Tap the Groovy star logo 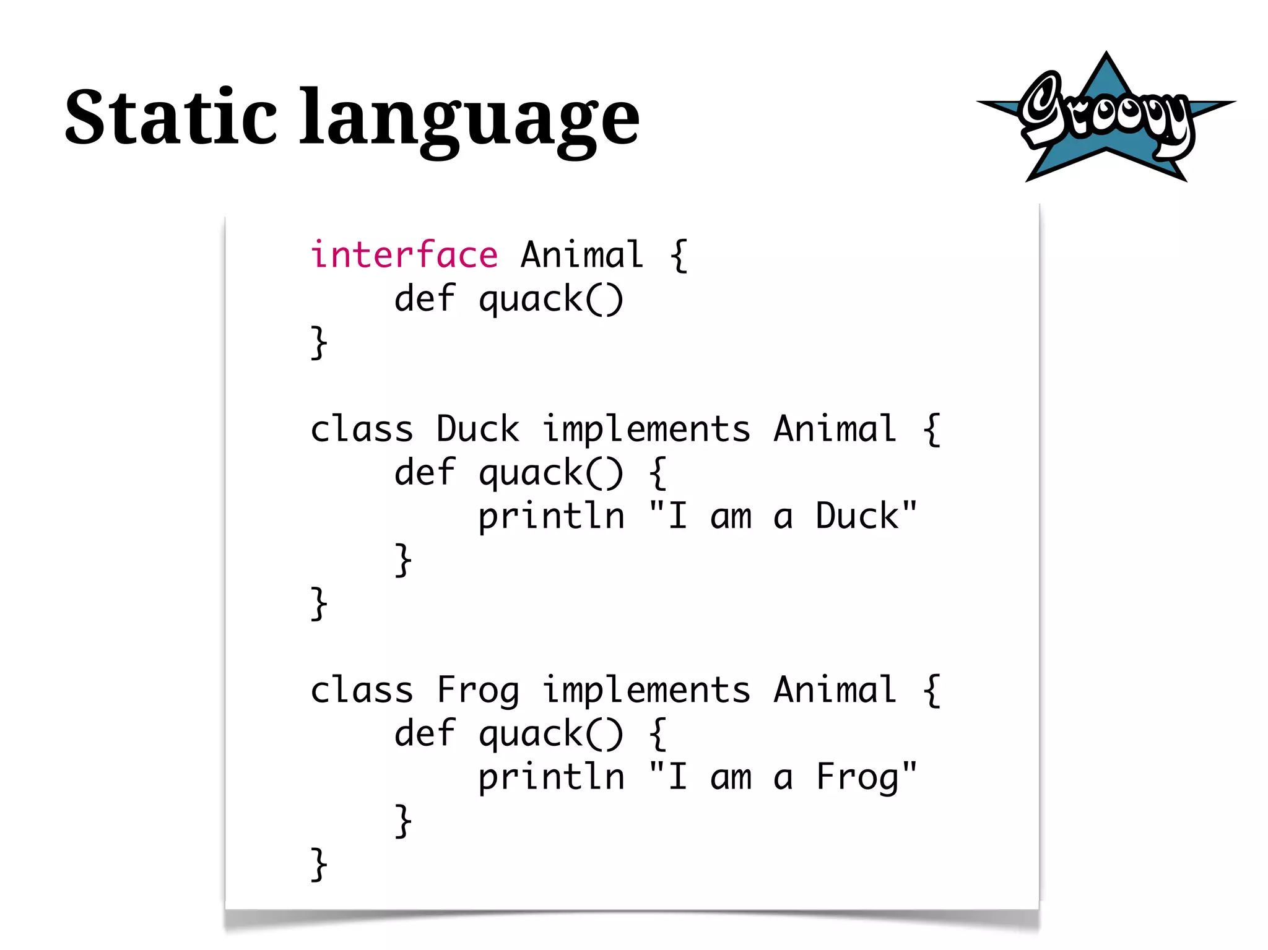tap(1106, 118)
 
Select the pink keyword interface tap(404, 255)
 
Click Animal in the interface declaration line tap(582, 255)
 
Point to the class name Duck tap(477, 429)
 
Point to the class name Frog tap(477, 690)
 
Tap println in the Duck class tap(551, 517)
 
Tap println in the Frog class tap(551, 778)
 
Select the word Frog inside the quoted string tap(857, 778)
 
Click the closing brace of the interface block tap(318, 342)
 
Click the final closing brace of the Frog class tap(318, 865)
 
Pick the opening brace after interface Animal tap(679, 255)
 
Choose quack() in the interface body tap(550, 300)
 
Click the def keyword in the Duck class tap(425, 472)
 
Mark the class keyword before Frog tap(362, 690)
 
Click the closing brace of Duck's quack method tap(403, 560)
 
